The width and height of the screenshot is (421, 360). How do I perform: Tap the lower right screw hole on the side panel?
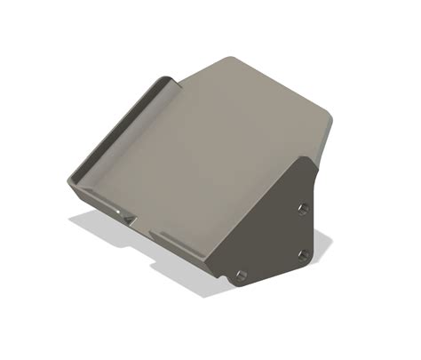click(305, 254)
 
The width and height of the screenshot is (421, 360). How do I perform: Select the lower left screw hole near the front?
click(240, 273)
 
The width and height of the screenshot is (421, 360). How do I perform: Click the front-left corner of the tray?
click(70, 182)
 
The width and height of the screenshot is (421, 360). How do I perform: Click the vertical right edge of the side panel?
click(315, 213)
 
